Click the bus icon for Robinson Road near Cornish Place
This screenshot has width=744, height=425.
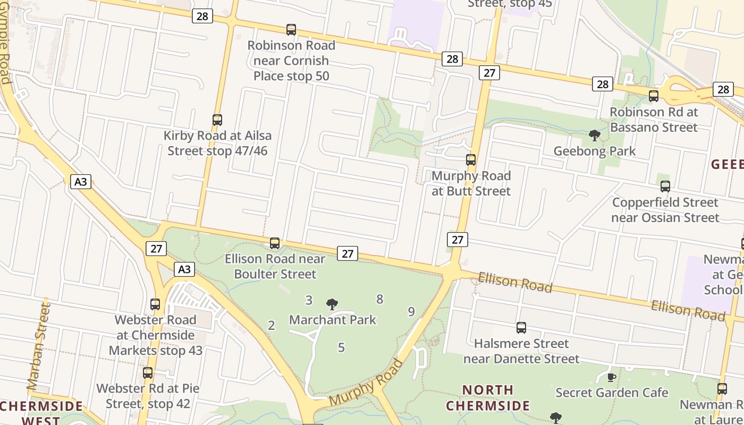[x=291, y=30]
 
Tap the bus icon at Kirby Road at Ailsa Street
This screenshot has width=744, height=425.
[x=217, y=120]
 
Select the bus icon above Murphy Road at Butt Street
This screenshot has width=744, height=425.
[x=470, y=159]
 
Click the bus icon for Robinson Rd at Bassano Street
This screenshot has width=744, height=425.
[x=654, y=96]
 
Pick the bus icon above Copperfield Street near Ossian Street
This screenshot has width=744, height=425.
[x=665, y=186]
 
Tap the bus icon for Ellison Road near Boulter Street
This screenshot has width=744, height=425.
[x=275, y=243]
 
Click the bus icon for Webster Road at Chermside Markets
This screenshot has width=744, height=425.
[x=155, y=304]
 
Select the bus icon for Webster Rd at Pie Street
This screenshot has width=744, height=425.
[x=148, y=373]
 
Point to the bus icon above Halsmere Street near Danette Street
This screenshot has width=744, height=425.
[x=521, y=328]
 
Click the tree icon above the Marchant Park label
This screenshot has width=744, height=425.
[x=332, y=304]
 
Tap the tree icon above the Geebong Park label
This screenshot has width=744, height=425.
[x=595, y=136]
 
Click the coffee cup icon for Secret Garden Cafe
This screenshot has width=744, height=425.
[x=612, y=378]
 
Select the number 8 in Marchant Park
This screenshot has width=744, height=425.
[x=379, y=299]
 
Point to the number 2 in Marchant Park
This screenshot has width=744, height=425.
[x=272, y=326]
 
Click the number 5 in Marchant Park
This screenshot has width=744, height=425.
[x=341, y=347]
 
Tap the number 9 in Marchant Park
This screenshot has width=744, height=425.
[x=411, y=312]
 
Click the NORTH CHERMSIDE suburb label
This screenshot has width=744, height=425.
[x=487, y=398]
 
